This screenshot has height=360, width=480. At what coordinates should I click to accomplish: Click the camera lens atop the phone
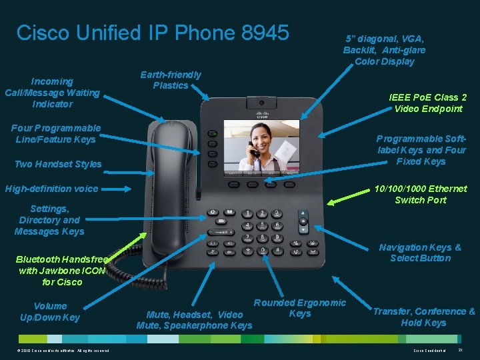coord(269,103)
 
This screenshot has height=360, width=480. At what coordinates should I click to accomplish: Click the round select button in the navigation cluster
coord(304,221)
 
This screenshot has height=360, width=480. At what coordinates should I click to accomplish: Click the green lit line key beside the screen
coord(212,134)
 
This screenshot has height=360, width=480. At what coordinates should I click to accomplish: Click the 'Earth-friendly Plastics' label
coord(170,79)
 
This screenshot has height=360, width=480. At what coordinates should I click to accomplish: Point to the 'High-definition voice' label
coord(51,189)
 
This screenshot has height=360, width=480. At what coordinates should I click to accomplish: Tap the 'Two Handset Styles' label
coord(58,164)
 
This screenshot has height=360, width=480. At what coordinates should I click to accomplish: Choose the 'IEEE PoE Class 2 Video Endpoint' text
coord(427,103)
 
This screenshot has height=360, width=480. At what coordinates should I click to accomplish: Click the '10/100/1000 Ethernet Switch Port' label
coord(420,194)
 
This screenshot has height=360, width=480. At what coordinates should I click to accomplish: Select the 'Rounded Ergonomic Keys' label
coord(300,308)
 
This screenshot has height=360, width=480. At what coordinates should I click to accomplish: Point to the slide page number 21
coord(461,350)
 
